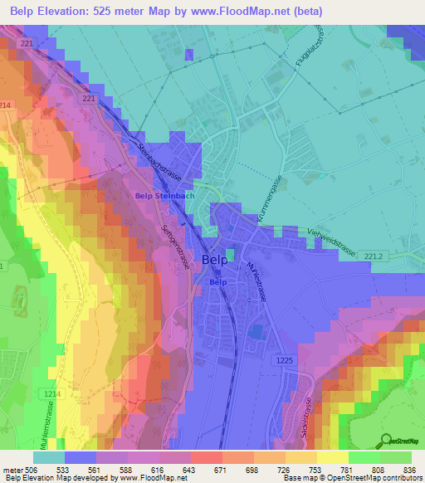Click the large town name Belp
pyautogui.click(x=214, y=259)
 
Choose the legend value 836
pyautogui.click(x=410, y=469)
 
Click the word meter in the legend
pyautogui.click(x=12, y=469)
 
